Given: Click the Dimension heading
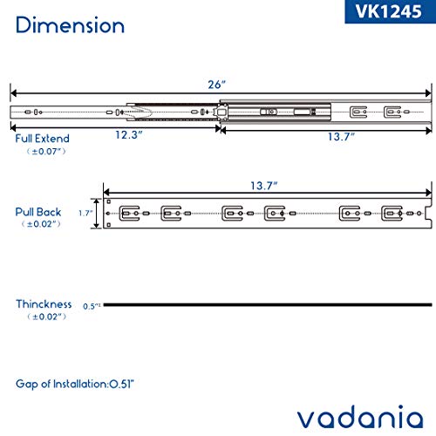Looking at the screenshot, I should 70,24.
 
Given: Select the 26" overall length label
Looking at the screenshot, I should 217,85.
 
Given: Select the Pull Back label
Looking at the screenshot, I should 37,211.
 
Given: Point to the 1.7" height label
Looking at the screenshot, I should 85,212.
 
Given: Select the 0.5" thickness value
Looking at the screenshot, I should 91,306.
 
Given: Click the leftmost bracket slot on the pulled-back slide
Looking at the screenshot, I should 130,212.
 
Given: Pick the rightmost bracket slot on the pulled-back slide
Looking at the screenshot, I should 392,212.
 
